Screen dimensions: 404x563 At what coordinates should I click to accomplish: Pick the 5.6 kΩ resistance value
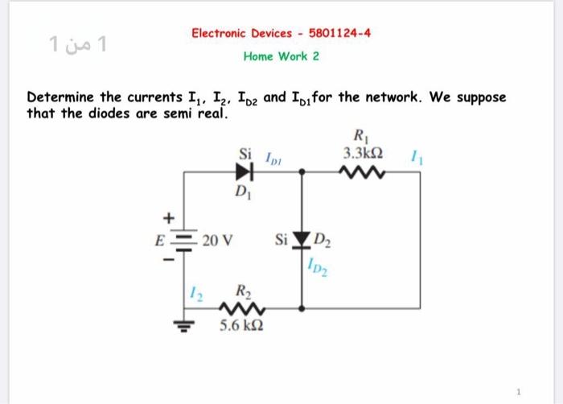pyautogui.click(x=239, y=327)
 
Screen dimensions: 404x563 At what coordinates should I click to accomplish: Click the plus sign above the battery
pyautogui.click(x=168, y=217)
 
